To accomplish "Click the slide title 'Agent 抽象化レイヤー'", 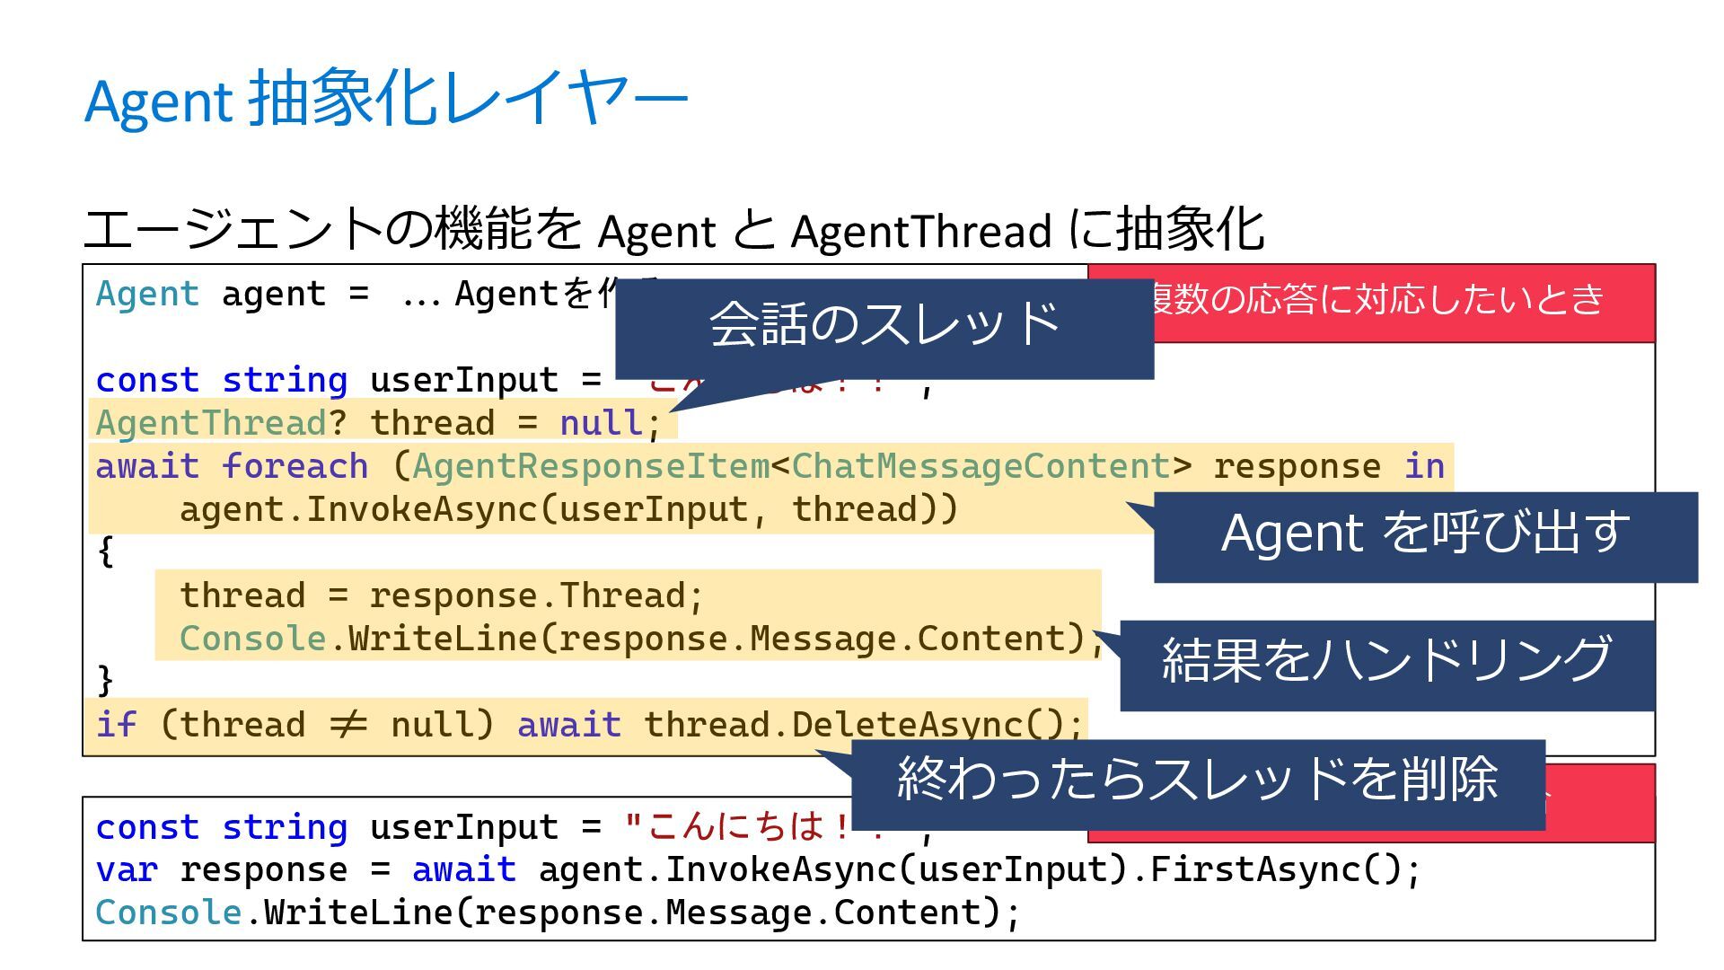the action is click(386, 99).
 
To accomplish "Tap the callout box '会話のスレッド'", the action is click(884, 325).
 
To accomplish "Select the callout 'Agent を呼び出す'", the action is click(1425, 534).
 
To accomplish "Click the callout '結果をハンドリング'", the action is click(1386, 662).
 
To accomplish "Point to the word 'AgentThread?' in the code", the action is click(221, 423).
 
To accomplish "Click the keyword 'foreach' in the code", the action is click(295, 466).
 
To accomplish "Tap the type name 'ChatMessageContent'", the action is click(981, 466).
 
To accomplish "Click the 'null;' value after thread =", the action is click(611, 423).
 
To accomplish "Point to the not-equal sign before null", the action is click(348, 725).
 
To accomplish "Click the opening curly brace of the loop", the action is click(106, 551).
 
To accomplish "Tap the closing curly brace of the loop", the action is click(106, 680).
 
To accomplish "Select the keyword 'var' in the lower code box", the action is click(127, 869).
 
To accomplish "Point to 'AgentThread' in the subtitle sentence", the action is click(920, 232).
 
